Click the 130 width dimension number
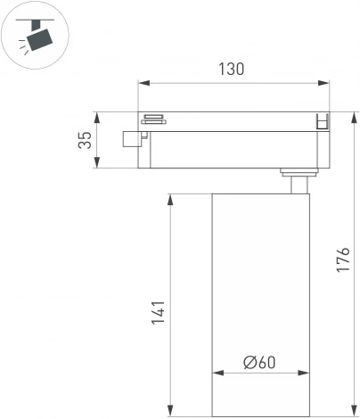click(x=230, y=69)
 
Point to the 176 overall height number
click(x=347, y=260)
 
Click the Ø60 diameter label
click(x=258, y=362)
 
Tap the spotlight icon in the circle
click(x=36, y=37)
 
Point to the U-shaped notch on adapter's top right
click(x=323, y=123)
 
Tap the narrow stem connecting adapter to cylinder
click(x=297, y=184)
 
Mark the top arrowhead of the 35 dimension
click(x=97, y=115)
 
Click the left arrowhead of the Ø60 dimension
click(x=215, y=374)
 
